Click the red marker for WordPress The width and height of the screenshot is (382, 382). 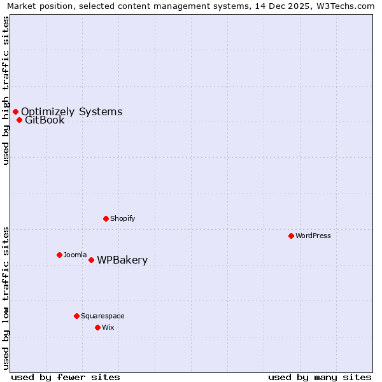pos(291,236)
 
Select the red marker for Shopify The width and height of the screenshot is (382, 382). pos(106,218)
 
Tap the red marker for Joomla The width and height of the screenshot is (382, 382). pos(59,255)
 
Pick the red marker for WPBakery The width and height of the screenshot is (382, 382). pos(91,260)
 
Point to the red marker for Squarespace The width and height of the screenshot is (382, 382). pos(76,316)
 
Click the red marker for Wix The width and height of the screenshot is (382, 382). pos(97,327)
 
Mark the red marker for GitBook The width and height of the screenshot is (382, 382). pos(19,120)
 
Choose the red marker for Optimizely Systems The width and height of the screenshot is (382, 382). pos(15,111)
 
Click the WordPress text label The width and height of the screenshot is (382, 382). pos(313,236)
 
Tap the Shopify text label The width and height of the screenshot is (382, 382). pos(123,218)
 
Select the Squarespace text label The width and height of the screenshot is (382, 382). pos(103,316)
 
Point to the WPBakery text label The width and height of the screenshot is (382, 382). pos(122,260)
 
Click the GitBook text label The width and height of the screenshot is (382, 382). pos(45,120)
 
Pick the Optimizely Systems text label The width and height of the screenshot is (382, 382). pos(71,111)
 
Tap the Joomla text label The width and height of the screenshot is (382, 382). pos(75,255)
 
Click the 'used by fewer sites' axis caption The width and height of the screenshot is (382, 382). pos(66,378)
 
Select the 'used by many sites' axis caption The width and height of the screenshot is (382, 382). pos(320,378)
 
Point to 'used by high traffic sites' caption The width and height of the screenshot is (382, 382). pos(6,90)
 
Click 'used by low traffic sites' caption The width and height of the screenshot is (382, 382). pos(6,298)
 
